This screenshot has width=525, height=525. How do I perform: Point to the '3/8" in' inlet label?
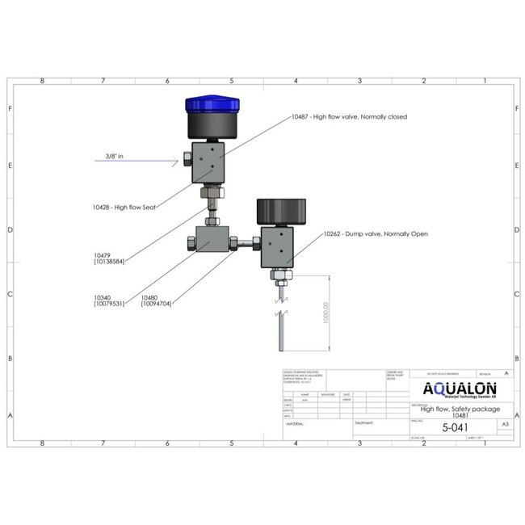[x=114, y=156]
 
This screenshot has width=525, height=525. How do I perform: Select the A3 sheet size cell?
[x=506, y=423]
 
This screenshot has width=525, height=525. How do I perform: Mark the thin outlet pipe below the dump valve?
[x=279, y=333]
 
